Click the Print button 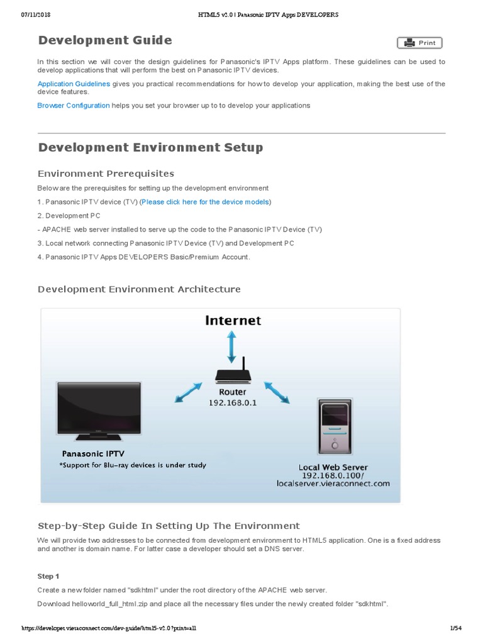coord(419,43)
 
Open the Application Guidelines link coord(74,84)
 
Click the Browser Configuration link coord(74,106)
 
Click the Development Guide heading coord(105,41)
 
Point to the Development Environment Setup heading coord(150,148)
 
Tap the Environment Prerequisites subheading coord(106,174)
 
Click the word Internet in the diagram coord(233,321)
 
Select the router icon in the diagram coord(233,374)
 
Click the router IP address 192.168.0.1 coord(233,402)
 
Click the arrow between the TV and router coord(187,394)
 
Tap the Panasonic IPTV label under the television coord(94,453)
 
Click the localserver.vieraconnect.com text coord(333,484)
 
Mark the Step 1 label coord(48,576)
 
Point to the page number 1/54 coord(456,628)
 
